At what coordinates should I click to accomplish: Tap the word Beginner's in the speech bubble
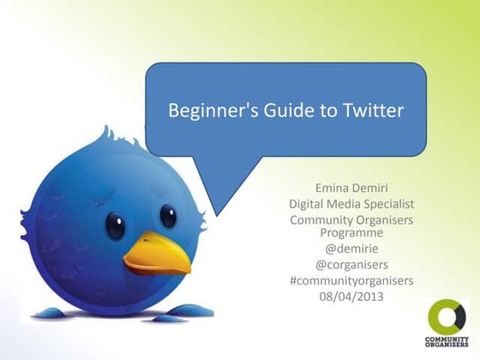tap(205, 111)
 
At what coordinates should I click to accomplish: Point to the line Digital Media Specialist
tap(352, 204)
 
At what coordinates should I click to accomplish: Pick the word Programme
tap(352, 232)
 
